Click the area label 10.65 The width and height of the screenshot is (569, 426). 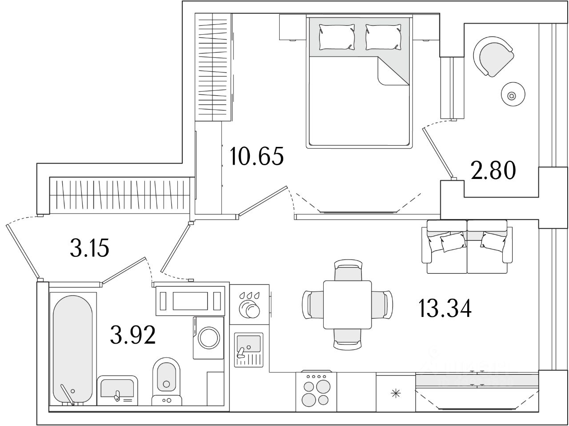coord(256,156)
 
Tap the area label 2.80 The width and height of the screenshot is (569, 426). coord(493,170)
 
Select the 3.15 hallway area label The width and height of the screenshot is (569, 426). coord(89,249)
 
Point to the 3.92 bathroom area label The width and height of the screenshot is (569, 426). coord(133,335)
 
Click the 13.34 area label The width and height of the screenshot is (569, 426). coord(445,308)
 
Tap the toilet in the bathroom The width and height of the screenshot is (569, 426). coord(167,378)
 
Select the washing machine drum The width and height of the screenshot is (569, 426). coord(209,338)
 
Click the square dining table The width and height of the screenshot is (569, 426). coord(347,304)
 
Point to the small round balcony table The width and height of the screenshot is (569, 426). coord(512,95)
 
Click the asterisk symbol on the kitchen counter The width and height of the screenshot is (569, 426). coord(395,393)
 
